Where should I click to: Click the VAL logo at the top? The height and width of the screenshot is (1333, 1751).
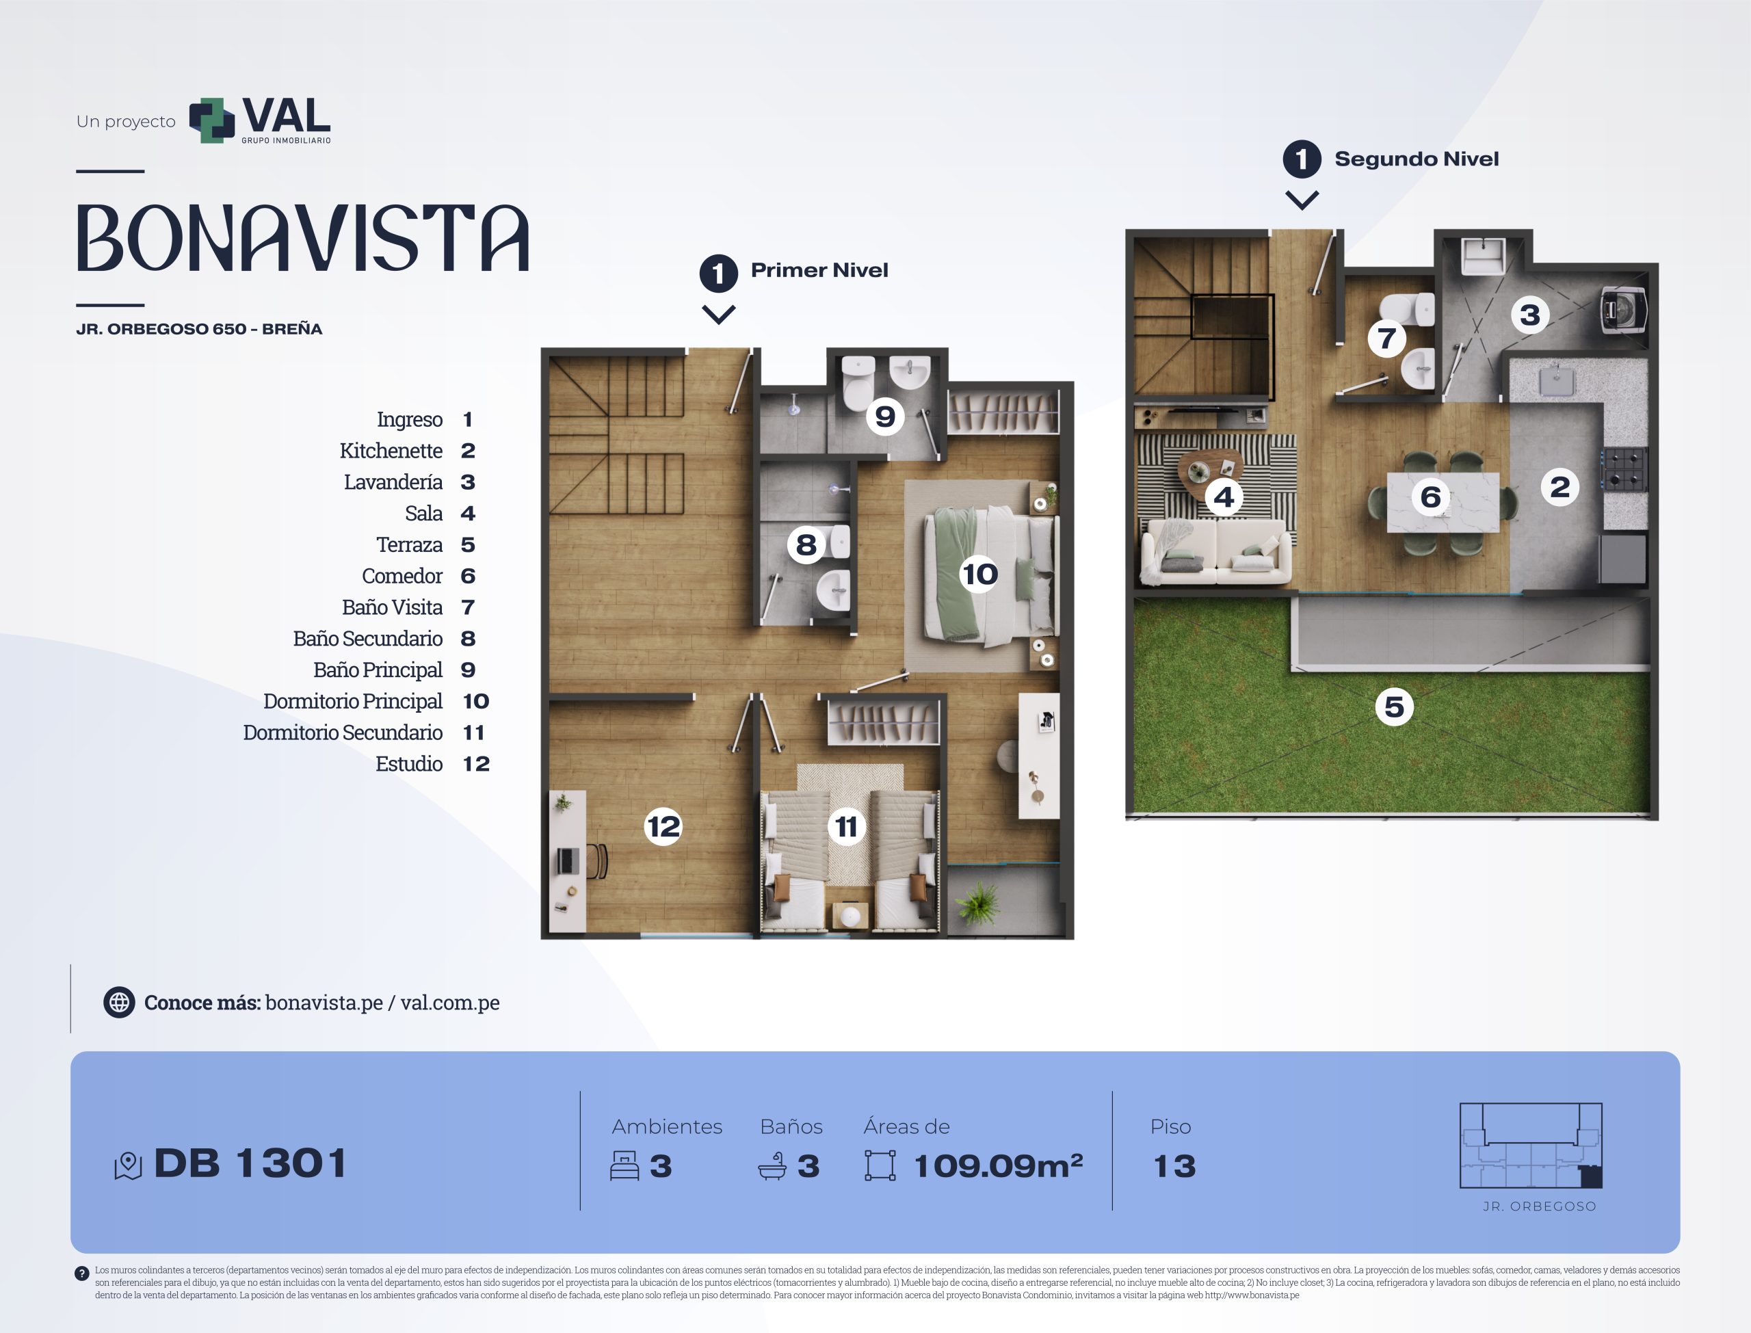(259, 120)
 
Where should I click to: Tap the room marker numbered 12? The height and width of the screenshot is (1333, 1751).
(663, 827)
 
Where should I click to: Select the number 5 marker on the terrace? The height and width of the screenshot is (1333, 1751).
(1394, 707)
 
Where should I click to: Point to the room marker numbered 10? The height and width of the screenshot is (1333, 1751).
(980, 574)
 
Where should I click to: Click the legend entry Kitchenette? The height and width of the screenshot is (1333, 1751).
(391, 451)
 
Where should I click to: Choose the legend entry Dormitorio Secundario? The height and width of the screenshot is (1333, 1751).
(343, 733)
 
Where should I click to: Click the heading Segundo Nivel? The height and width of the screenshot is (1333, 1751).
(1417, 159)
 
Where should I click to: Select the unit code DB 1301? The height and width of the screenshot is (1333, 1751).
(251, 1163)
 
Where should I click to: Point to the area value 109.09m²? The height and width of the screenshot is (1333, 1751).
(998, 1165)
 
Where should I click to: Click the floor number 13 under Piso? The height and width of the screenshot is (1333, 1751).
(1174, 1165)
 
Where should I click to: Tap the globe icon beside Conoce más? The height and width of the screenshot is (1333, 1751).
(119, 1002)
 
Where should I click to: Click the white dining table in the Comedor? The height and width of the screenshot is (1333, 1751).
(1443, 502)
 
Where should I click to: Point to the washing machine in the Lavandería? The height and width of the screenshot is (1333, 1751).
(1622, 309)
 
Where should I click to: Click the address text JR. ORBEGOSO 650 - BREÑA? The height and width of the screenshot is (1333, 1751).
(199, 329)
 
